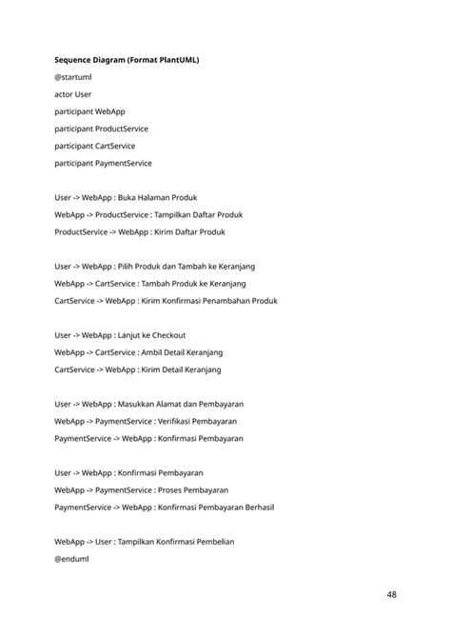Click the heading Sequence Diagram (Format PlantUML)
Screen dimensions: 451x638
[127, 61]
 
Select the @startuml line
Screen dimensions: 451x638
[73, 78]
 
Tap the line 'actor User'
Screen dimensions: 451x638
[73, 94]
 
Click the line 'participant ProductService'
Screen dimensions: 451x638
[101, 129]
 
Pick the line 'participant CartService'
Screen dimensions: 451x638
[94, 146]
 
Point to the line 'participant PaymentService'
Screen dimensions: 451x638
[103, 163]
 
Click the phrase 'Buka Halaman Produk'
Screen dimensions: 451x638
[157, 197]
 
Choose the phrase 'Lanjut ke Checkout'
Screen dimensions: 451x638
[152, 335]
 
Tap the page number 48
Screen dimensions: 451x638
[392, 595]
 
